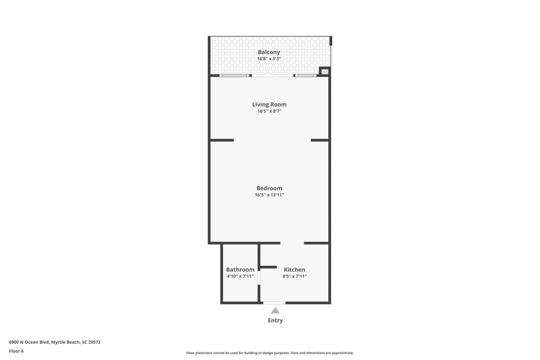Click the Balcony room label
click(x=269, y=52)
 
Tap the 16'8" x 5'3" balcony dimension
click(x=269, y=59)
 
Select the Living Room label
click(x=269, y=104)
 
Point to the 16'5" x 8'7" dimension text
click(x=269, y=111)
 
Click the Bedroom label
click(x=269, y=188)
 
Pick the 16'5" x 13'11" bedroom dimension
click(x=269, y=195)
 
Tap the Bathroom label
click(x=240, y=270)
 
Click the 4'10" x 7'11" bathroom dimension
click(x=240, y=276)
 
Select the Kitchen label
click(x=294, y=270)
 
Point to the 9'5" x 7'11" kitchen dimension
click(x=294, y=276)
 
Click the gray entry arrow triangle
click(x=275, y=311)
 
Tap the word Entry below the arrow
click(x=275, y=320)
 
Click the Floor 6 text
click(x=16, y=351)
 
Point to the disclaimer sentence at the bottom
click(x=270, y=353)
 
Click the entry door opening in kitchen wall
click(x=274, y=303)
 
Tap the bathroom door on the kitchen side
click(x=259, y=278)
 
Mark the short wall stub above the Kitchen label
click(x=268, y=267)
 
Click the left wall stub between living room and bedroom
click(x=222, y=140)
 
